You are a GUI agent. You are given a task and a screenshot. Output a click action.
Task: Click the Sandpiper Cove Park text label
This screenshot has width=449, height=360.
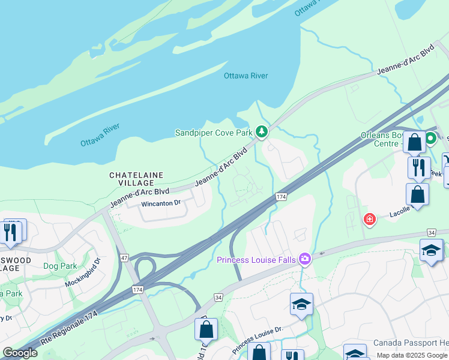(x=213, y=133)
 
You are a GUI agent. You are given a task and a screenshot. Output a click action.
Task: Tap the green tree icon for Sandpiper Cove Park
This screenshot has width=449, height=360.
(x=261, y=131)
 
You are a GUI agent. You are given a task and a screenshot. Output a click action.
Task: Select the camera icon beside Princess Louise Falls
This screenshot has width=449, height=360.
(x=305, y=259)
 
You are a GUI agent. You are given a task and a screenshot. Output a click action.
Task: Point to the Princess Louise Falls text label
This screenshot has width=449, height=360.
(x=258, y=260)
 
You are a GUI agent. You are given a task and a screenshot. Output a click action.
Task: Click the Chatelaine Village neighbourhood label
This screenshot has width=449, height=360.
(x=136, y=179)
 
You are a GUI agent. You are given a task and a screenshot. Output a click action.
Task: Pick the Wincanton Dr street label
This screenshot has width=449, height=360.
(x=160, y=203)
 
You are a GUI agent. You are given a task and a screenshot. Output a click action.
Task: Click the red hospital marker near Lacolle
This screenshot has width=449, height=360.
(x=369, y=220)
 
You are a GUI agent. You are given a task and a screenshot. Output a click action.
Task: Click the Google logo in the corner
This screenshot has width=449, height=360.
(x=20, y=352)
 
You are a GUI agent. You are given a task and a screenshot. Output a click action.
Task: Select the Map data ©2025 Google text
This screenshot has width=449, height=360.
(x=412, y=355)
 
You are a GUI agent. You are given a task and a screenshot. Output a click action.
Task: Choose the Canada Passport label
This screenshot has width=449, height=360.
(x=410, y=343)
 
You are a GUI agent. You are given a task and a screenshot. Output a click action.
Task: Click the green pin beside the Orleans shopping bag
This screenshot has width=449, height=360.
(x=430, y=139)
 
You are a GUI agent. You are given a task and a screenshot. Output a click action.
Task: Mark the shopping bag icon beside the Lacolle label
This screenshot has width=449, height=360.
(x=417, y=195)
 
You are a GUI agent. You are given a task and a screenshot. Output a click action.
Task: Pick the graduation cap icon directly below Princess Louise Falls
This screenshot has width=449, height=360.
(x=301, y=304)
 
